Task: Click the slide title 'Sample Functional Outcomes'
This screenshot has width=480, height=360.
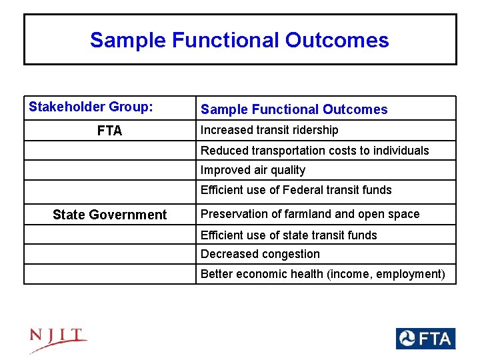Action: coord(239,40)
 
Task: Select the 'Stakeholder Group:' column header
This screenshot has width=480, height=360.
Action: coord(91,107)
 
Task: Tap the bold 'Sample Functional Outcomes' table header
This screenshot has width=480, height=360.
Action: coord(294,109)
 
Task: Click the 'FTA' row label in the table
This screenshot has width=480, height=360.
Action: coord(109,131)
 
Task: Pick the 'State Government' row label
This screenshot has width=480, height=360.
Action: coord(109,215)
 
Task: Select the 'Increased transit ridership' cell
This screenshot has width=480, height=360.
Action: coord(269,130)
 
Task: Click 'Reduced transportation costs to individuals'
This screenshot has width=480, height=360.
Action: coord(315,151)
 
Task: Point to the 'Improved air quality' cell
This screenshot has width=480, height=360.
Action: coord(253,170)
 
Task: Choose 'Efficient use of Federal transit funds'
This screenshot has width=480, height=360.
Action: coord(296,190)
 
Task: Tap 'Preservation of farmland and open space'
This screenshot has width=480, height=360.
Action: coord(310,214)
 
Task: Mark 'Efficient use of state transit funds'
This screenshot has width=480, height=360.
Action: coord(289,235)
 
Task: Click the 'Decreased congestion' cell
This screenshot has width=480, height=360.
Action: coord(260,254)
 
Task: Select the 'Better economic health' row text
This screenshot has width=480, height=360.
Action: coord(323,274)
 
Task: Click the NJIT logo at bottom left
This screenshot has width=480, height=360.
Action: coord(58,341)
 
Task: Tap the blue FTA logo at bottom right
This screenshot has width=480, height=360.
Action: coord(425,339)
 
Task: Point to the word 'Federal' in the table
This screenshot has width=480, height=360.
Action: coord(303,190)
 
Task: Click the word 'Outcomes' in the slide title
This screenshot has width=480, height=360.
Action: coord(337,40)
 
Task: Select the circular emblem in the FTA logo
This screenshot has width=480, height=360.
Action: coord(407,339)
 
